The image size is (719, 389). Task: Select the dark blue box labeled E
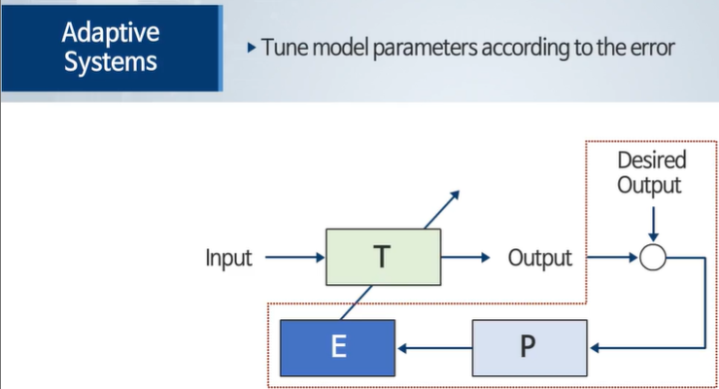pos(337,347)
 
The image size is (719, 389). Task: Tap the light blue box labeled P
pos(530,347)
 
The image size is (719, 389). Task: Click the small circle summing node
pos(652,258)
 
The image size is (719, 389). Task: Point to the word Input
pos(228,259)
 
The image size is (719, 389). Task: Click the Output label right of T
pos(539,259)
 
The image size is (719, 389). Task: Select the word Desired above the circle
pos(652,159)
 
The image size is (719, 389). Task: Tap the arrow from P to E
pos(433,347)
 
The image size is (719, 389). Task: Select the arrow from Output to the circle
pos(612,258)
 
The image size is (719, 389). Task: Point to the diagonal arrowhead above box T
pos(455,194)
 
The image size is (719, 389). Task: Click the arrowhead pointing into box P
pos(596,347)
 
